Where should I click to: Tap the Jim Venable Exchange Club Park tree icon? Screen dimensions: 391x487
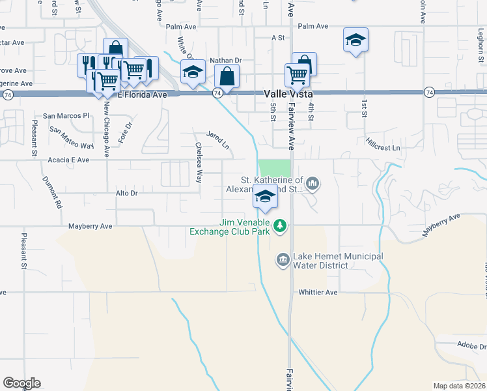(280, 225)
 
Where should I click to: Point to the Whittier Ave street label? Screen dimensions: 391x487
(318, 293)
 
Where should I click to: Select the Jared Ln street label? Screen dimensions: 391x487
(217, 138)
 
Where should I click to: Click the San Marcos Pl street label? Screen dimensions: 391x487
(66, 115)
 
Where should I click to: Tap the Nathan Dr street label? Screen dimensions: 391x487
(226, 61)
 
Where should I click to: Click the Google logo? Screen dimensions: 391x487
(21, 383)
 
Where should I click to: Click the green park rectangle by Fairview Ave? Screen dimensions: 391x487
(275, 168)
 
